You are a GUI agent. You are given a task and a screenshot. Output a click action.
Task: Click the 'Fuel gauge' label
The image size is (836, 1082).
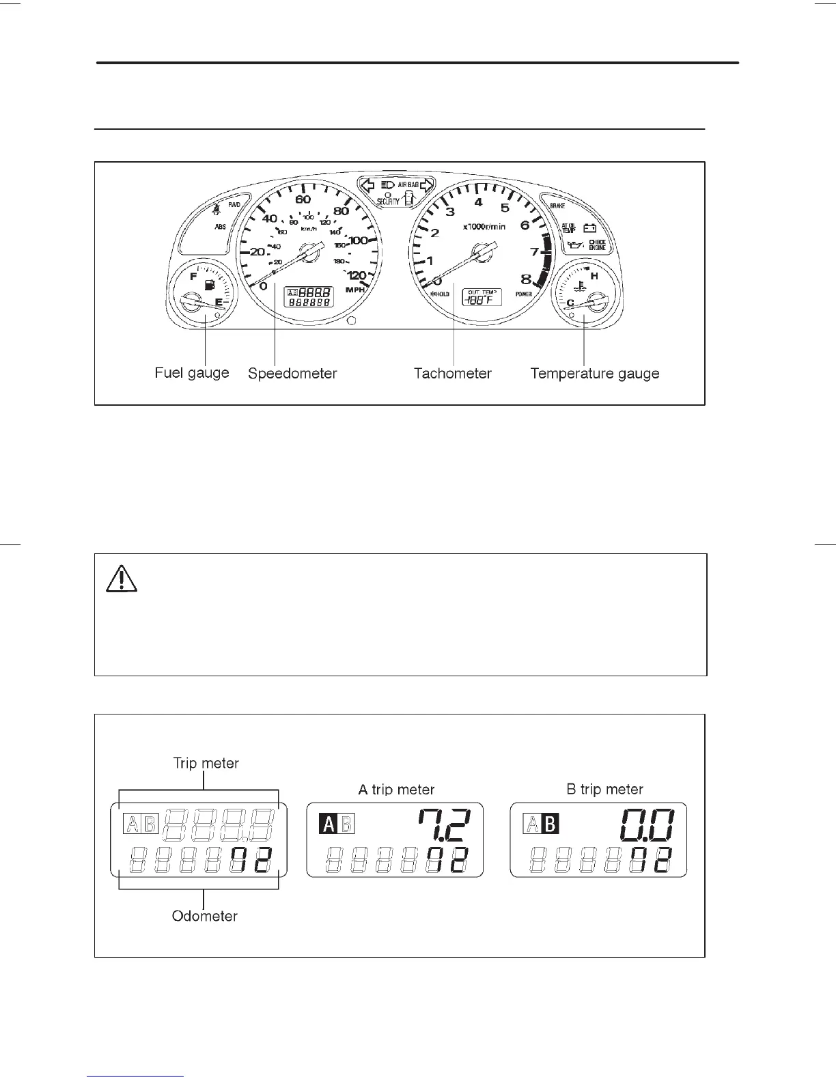pyautogui.click(x=191, y=373)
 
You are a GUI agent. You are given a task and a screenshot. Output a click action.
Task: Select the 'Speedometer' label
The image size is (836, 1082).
pyautogui.click(x=292, y=374)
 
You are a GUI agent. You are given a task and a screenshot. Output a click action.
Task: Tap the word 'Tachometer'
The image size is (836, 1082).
pyautogui.click(x=452, y=374)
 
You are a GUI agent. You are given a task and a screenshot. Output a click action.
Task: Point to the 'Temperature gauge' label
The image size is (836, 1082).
pyautogui.click(x=594, y=374)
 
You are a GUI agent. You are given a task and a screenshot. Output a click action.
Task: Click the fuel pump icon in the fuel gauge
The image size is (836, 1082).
pyautogui.click(x=209, y=283)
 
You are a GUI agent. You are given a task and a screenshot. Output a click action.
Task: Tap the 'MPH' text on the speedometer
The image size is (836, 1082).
pyautogui.click(x=356, y=290)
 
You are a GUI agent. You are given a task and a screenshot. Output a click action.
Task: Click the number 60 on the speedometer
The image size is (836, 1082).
pyautogui.click(x=303, y=199)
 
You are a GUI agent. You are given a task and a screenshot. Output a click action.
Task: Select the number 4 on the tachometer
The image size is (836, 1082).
pyautogui.click(x=478, y=202)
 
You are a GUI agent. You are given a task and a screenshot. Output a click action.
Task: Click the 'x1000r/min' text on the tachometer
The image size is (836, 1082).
pyautogui.click(x=484, y=226)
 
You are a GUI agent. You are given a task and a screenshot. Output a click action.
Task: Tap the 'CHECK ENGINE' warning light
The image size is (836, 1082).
pyautogui.click(x=597, y=245)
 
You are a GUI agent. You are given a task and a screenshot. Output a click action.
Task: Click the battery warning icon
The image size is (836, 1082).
pyautogui.click(x=589, y=228)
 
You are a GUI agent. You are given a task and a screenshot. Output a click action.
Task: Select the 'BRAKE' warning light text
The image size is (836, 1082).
pyautogui.click(x=557, y=205)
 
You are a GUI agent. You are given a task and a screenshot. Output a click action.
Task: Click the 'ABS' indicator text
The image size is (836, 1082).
pyautogui.click(x=221, y=226)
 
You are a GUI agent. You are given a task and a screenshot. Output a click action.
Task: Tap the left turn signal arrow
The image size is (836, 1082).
pyautogui.click(x=367, y=184)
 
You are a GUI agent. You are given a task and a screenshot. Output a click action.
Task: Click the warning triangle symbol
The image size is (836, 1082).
pyautogui.click(x=122, y=579)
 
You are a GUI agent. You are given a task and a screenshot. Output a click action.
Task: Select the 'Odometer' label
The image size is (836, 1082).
pyautogui.click(x=204, y=916)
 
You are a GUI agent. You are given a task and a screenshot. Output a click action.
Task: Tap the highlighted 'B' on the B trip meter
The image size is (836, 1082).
pyautogui.click(x=550, y=824)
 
